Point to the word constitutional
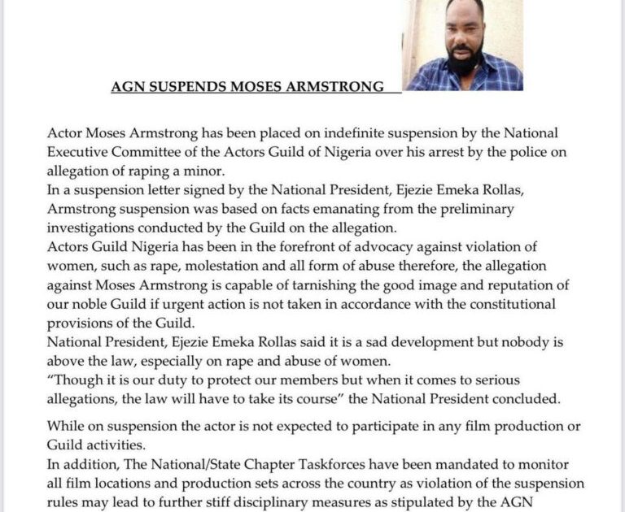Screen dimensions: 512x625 coord(505,303)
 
